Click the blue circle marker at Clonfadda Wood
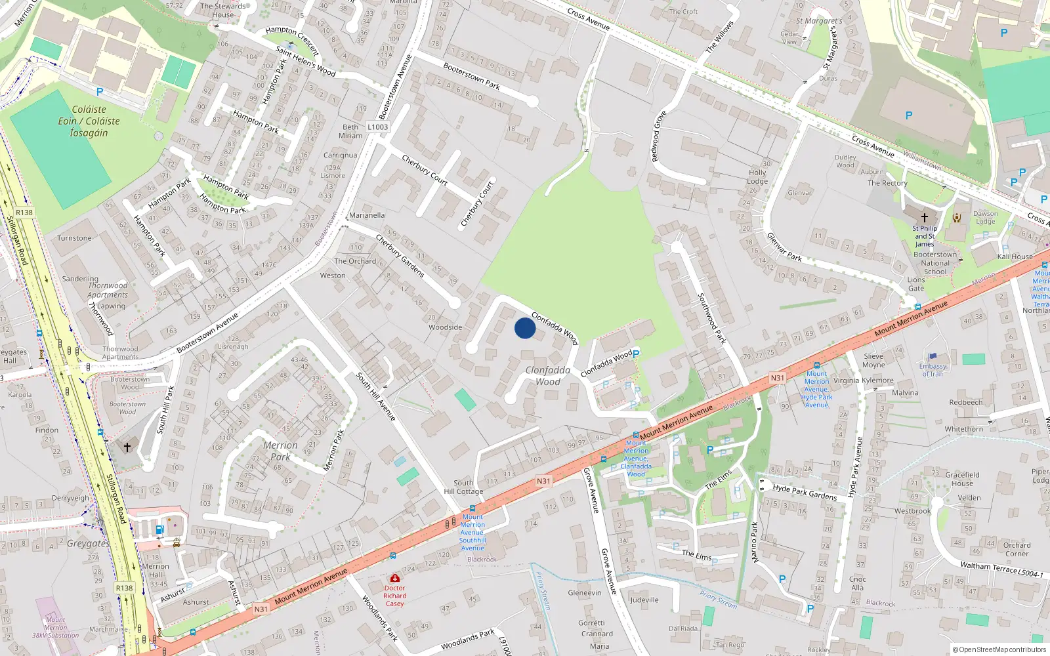coord(524,328)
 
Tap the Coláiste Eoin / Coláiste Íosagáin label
coord(89,121)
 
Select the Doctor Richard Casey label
coord(394,596)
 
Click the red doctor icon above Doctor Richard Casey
coord(394,578)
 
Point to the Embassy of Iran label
coord(933,370)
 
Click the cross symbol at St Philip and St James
coord(925,217)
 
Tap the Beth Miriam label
coord(350,131)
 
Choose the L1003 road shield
coord(378,127)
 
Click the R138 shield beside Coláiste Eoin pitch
coord(24,213)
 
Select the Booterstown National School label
coord(935,263)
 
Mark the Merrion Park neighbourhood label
coord(280,451)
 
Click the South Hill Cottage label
coord(463,487)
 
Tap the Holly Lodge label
coord(757,177)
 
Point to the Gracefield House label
coord(963,479)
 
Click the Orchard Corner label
coord(1017,549)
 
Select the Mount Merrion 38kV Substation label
coord(56,627)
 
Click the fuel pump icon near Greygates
coord(159,529)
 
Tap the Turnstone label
coord(74,238)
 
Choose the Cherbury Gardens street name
coord(400,255)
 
